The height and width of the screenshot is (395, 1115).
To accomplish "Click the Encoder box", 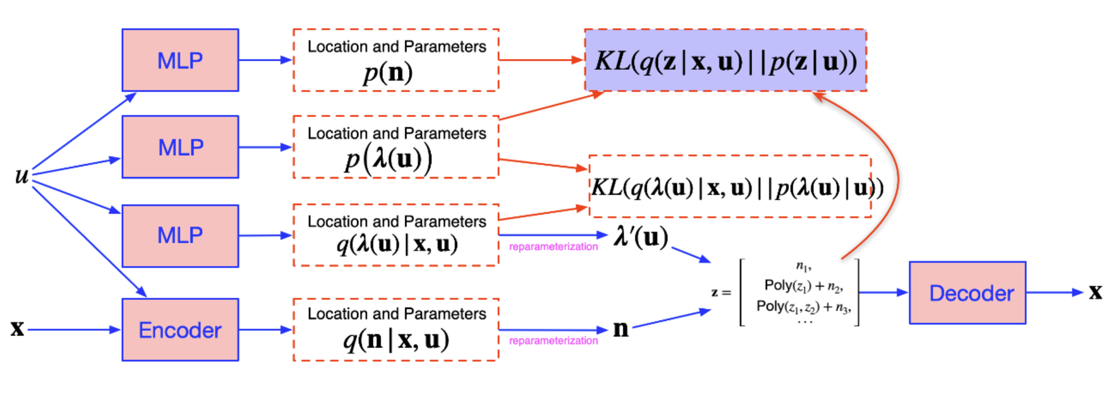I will (x=180, y=330).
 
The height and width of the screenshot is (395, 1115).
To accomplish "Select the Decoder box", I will (x=967, y=293).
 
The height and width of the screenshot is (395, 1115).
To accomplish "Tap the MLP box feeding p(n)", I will (x=180, y=60).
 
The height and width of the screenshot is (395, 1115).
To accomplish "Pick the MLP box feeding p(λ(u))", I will (x=180, y=147).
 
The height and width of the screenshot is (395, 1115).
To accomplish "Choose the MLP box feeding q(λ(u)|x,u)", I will (x=180, y=235).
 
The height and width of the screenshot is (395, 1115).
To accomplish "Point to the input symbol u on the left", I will (x=22, y=175).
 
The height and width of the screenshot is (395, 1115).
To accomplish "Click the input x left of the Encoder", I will (x=17, y=329).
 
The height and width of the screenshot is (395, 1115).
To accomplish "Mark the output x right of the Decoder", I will (x=1096, y=292).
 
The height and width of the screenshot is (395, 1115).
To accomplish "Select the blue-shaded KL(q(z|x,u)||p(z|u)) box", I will (x=725, y=60).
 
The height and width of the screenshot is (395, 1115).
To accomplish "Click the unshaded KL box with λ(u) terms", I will (x=730, y=187).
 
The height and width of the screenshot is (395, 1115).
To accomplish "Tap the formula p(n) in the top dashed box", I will (x=388, y=73).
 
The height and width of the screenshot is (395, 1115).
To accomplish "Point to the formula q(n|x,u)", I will (x=396, y=340).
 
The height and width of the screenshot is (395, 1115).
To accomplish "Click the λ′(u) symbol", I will (x=640, y=236).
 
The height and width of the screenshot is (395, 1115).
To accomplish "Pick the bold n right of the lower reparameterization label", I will (x=621, y=329).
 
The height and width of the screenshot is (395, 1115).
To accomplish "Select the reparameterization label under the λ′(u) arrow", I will (x=553, y=247).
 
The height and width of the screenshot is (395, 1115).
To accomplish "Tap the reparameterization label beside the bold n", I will (x=553, y=341).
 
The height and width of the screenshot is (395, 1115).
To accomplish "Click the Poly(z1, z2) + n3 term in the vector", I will (x=804, y=307).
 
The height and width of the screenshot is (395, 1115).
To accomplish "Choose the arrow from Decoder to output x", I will (x=1054, y=293).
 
